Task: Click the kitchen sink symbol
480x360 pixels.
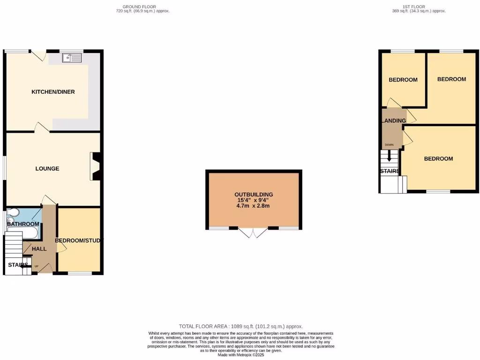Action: pos(72,58)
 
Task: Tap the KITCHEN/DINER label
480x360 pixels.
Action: pos(53,92)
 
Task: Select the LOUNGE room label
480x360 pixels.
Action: pos(47,168)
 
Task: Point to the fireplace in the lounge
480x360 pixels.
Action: pos(95,166)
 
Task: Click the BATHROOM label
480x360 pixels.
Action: pos(22,224)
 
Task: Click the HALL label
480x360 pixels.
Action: pos(39,248)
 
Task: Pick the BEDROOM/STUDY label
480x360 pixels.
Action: pos(78,240)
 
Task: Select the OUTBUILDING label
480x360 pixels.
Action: pos(254,195)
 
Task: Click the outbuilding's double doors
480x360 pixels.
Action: pos(254,232)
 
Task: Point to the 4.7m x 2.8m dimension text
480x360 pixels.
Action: pos(254,206)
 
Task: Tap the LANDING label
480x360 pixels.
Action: pos(394,120)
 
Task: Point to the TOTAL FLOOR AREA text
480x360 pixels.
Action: pos(240,326)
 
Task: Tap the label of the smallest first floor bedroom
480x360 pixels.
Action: pos(403,80)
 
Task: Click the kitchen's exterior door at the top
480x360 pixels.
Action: pos(39,55)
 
